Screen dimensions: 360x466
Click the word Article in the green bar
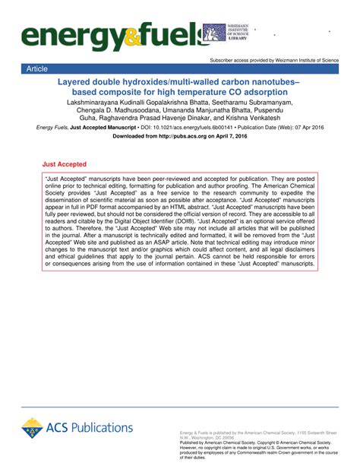[37, 68]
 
